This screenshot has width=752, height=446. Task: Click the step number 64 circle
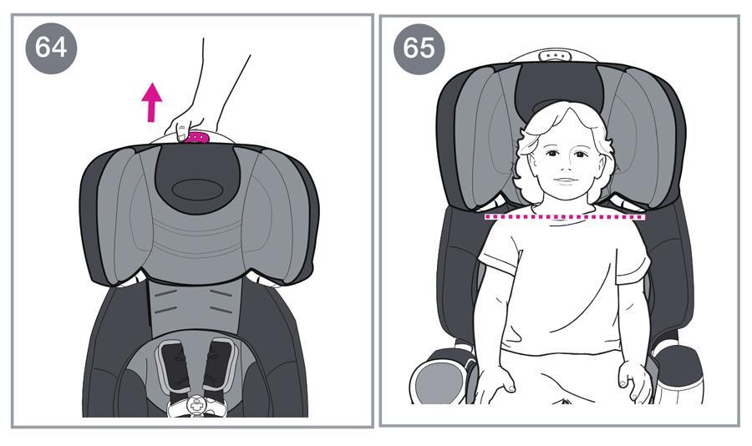(x=51, y=48)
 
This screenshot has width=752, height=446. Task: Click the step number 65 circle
(x=419, y=48)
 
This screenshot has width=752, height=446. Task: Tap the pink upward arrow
(x=152, y=102)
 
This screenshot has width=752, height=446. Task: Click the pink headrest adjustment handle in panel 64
(x=196, y=138)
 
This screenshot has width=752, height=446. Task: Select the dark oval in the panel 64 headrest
(x=196, y=190)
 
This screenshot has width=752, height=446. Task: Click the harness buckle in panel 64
(x=196, y=406)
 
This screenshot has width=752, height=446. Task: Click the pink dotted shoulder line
(x=565, y=217)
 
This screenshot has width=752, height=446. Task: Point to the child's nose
(x=567, y=168)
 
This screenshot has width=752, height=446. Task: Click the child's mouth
(x=567, y=181)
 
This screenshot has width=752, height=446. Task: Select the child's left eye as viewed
(x=551, y=154)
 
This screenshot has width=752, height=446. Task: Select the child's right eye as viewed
(x=581, y=155)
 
